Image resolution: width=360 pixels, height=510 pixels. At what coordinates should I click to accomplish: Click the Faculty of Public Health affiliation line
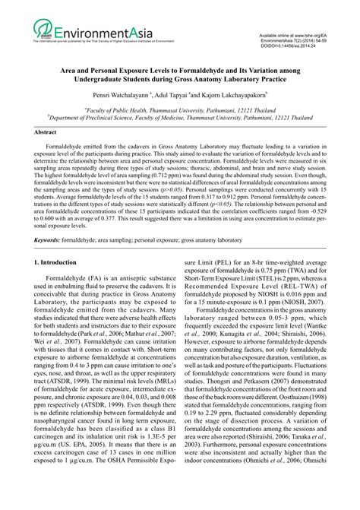pos(179,109)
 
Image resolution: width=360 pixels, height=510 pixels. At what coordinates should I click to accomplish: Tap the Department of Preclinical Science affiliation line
pos(179,118)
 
